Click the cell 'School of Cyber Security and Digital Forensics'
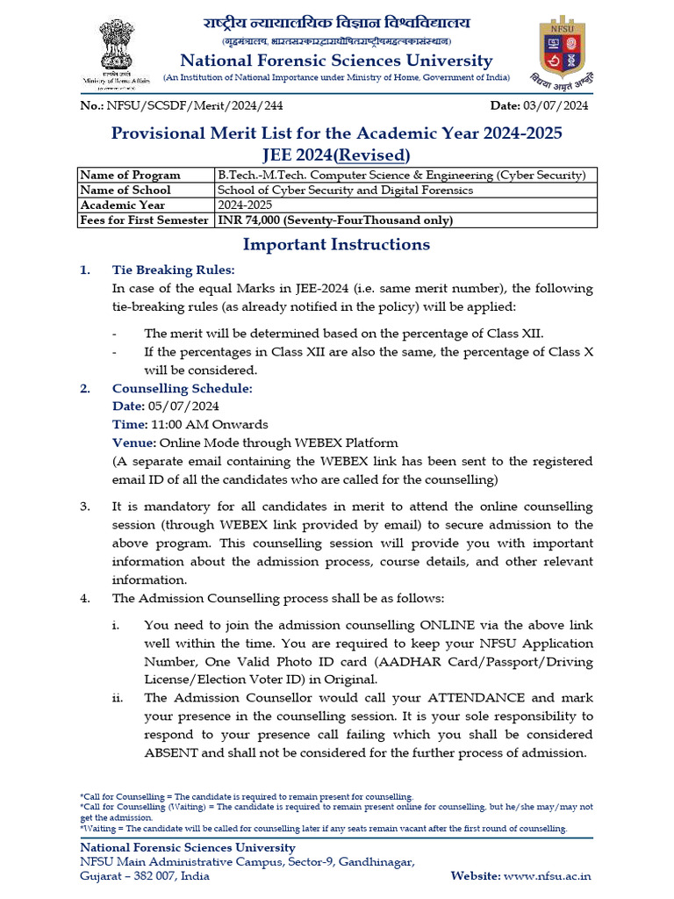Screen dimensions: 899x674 click(345, 190)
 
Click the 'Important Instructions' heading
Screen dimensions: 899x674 click(336, 245)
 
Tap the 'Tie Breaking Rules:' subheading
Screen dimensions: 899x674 click(173, 270)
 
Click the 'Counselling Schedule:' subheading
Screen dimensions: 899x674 click(182, 388)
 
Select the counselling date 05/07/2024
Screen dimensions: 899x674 click(183, 406)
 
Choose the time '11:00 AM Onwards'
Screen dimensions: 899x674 click(204, 424)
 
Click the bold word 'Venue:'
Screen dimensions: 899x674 click(133, 442)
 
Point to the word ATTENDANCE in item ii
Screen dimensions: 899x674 click(474, 698)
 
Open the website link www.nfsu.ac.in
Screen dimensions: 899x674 click(548, 875)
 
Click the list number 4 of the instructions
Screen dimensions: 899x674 click(85, 598)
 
